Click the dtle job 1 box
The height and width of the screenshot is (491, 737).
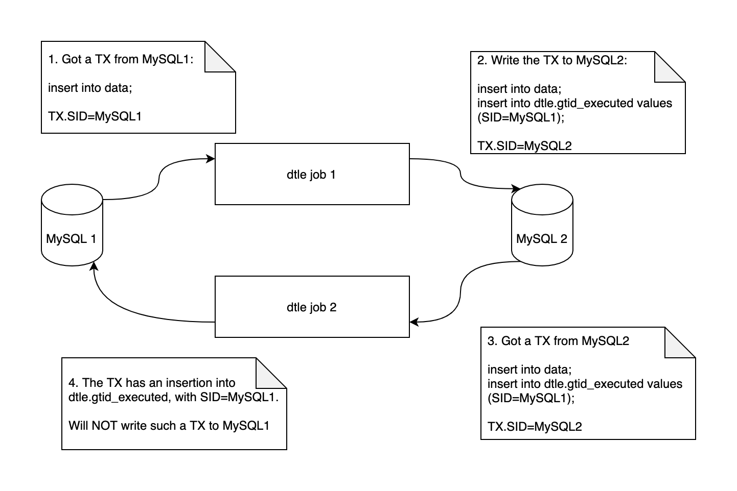click(312, 174)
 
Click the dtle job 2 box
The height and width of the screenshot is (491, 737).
click(312, 307)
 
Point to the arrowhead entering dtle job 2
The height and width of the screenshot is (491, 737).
click(414, 322)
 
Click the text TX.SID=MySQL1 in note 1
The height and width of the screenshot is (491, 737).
click(95, 116)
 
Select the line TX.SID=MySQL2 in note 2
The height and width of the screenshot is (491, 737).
click(524, 146)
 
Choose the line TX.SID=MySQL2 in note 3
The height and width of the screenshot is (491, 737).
click(535, 426)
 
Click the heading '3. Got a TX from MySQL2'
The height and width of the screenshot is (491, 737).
click(558, 341)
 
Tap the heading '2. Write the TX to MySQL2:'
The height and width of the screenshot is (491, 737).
click(552, 60)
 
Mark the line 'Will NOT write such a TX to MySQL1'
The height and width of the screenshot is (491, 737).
click(169, 426)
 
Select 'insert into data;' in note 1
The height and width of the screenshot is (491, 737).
click(90, 88)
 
